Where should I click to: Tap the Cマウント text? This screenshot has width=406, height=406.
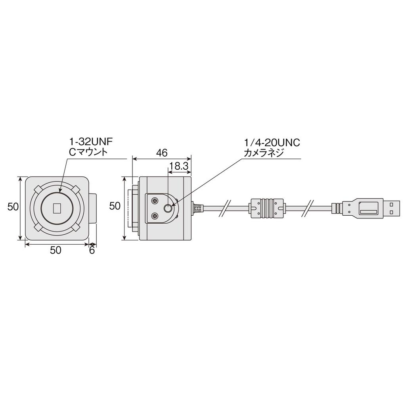(x=88, y=152)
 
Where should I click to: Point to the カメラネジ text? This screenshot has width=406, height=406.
(x=264, y=153)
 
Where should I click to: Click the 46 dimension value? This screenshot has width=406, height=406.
(x=162, y=153)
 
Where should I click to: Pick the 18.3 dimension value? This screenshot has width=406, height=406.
(x=178, y=166)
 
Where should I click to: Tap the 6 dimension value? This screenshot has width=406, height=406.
(x=92, y=250)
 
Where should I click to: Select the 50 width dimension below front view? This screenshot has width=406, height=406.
(x=56, y=250)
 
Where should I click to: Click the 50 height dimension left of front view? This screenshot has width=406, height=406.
(x=13, y=207)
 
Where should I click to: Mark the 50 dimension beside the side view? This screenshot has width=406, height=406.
(x=115, y=206)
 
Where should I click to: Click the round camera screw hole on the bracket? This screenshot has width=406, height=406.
(x=169, y=208)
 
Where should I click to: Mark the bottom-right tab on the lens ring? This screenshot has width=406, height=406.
(x=75, y=227)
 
